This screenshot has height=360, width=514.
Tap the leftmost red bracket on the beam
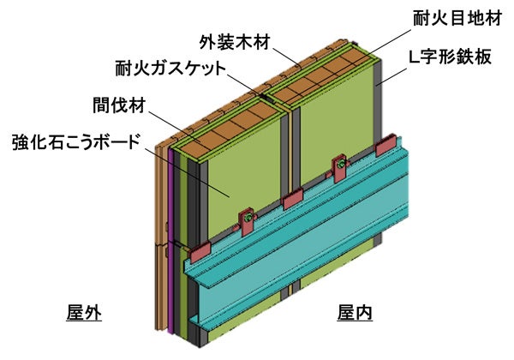pyautogui.click(x=200, y=251)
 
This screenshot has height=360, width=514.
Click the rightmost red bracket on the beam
pyautogui.click(x=390, y=144)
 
